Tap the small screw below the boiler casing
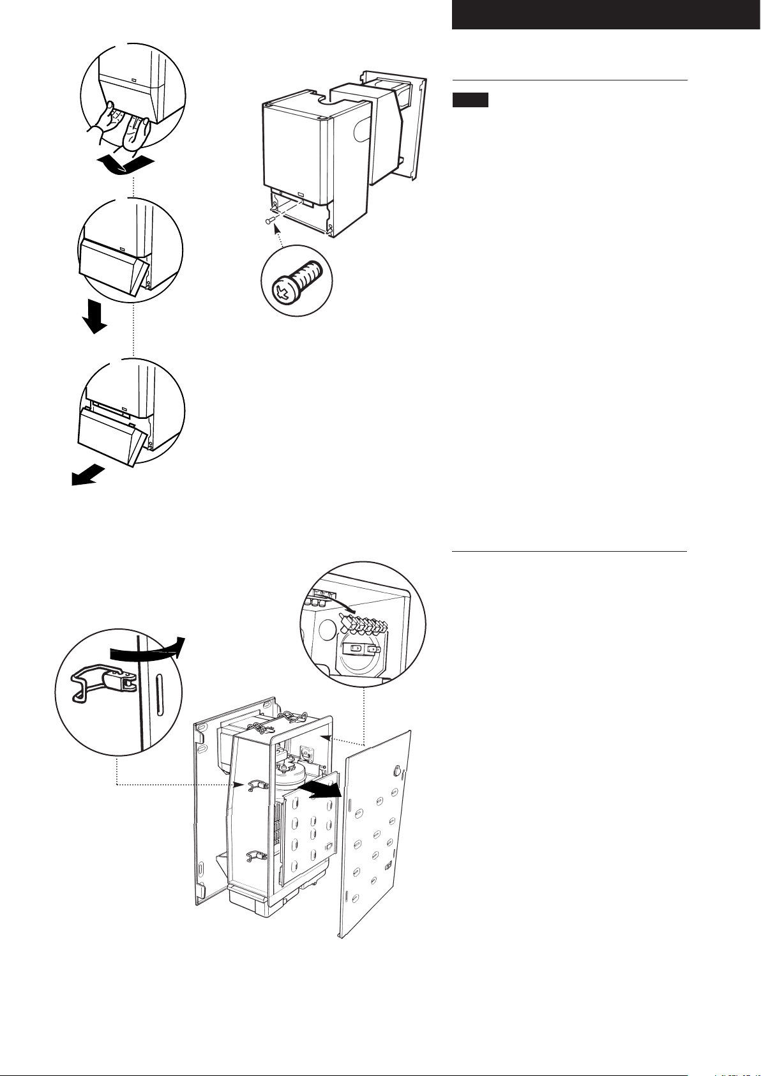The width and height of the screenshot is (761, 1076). point(269,221)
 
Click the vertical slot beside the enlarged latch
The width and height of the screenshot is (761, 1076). point(158,687)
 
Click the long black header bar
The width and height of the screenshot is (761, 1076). point(606,15)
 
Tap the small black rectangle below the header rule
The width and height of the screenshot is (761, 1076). point(471,100)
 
